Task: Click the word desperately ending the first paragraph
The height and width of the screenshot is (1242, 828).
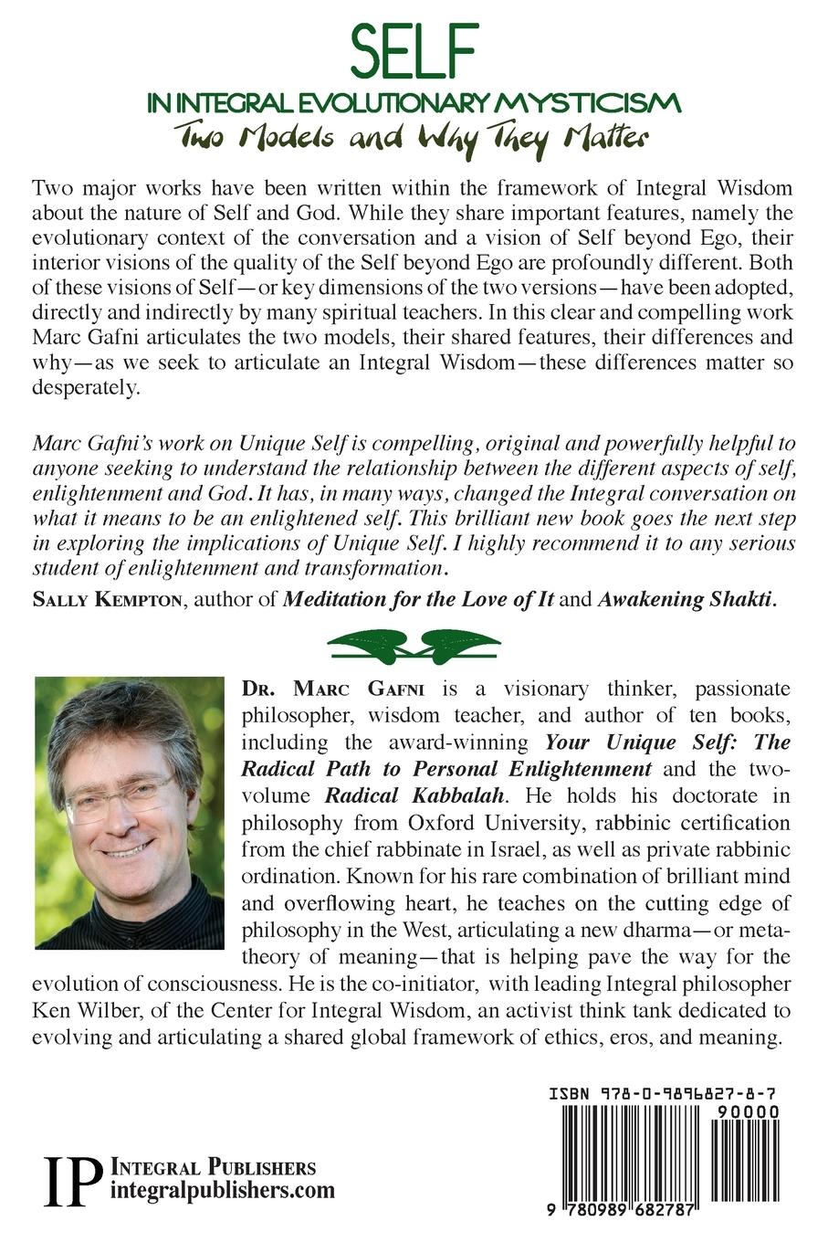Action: point(84,387)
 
